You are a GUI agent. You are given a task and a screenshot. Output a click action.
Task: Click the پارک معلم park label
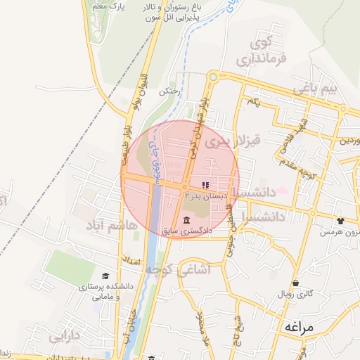click(108, 6)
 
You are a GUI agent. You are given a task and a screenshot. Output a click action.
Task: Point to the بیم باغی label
click(316, 90)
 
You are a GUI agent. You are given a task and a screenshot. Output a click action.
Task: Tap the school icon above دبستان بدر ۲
click(205, 184)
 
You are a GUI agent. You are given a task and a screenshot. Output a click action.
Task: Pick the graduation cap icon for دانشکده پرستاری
click(105, 276)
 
